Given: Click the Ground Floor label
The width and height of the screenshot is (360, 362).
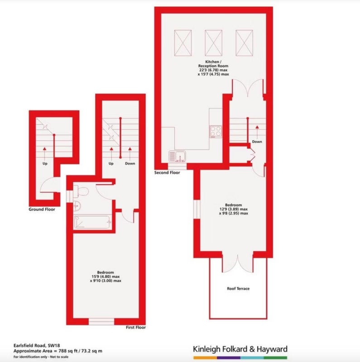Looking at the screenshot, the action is (42, 210).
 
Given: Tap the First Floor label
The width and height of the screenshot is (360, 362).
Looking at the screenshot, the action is (136, 327).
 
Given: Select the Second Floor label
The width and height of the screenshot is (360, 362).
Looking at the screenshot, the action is (167, 172).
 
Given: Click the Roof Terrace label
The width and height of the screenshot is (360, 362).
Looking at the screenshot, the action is (238, 289).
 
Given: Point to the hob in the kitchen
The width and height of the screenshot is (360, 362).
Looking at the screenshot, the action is (216, 132).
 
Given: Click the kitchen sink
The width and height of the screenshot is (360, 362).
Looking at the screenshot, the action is (177, 156).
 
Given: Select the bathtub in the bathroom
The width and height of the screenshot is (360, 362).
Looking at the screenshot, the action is (92, 222).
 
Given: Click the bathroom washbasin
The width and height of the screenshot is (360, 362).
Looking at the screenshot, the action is (77, 205).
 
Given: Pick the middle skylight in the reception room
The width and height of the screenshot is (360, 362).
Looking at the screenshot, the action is (213, 43).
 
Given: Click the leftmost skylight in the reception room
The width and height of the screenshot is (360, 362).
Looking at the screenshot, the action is (183, 43).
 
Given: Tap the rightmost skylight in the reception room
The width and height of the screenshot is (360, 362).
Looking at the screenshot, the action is (244, 43).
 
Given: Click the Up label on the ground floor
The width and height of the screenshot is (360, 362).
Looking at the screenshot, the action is (45, 163).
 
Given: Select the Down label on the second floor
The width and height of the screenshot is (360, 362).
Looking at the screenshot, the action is (257, 142).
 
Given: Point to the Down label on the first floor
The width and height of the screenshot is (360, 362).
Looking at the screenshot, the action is (130, 163).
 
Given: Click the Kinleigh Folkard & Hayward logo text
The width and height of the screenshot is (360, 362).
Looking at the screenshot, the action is (240, 349).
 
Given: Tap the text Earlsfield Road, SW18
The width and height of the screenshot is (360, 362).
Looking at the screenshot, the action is (37, 346).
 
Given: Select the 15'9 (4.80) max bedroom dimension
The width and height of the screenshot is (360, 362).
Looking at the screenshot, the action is (106, 276).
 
